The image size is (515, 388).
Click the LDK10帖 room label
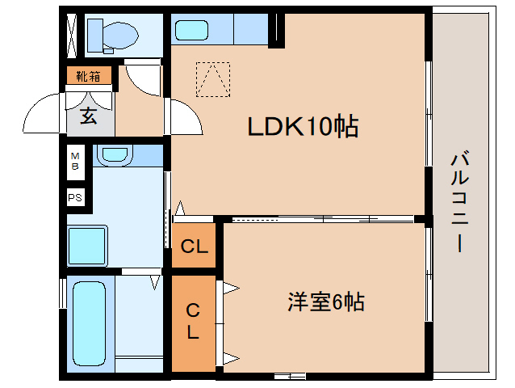[x=302, y=127]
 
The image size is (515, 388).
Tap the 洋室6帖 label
[x=326, y=302]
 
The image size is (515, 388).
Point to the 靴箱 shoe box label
[x=88, y=77]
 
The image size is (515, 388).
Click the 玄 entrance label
[x=87, y=116]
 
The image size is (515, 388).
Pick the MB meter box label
[x=75, y=161]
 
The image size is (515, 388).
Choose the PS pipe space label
[x=75, y=196]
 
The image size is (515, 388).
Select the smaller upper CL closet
[x=194, y=247]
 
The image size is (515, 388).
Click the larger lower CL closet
[x=194, y=321]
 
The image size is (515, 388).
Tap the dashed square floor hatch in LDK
[x=213, y=79]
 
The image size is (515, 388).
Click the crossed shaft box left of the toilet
[x=71, y=35]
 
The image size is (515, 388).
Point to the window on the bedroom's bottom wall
[x=289, y=375]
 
